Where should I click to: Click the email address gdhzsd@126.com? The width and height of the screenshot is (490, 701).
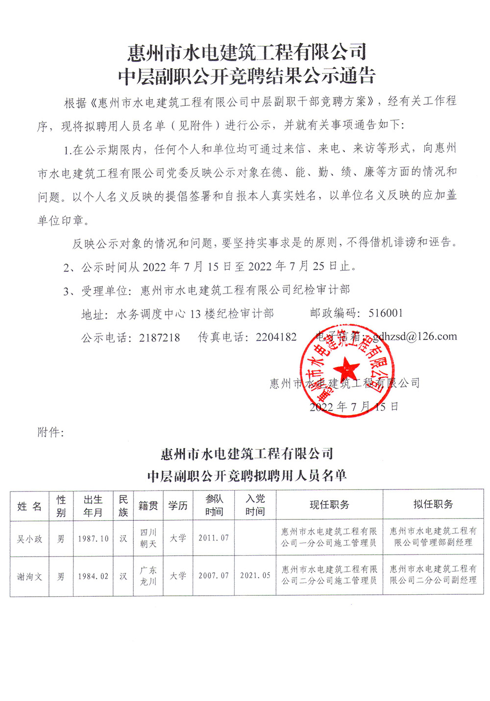coord(415,336)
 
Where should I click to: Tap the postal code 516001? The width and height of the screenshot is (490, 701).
coord(386,313)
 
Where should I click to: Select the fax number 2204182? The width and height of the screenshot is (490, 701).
coord(276,337)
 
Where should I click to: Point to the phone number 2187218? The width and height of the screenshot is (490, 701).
coord(159,337)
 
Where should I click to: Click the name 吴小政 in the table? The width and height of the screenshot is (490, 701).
coord(30,538)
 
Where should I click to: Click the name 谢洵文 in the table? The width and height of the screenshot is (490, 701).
coord(30,577)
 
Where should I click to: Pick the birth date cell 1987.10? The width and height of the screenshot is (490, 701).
coord(93,538)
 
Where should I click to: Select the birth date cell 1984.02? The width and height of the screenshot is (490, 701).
coord(93,577)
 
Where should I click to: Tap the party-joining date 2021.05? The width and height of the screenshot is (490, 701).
coord(255,576)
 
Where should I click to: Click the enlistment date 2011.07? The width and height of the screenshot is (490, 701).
coord(214,538)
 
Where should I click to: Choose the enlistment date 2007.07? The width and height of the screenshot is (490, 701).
coord(214,576)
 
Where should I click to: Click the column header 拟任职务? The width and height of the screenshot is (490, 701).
coord(433,504)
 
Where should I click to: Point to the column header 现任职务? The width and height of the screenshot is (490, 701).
coord(329,505)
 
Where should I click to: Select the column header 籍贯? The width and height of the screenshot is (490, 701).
coord(148,506)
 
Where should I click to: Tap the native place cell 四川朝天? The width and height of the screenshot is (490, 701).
coord(148,538)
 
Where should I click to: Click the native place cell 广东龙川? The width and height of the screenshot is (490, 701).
coord(148,576)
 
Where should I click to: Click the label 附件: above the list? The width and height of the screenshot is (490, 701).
coord(50,432)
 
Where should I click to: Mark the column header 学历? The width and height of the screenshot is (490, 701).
coord(178,506)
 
